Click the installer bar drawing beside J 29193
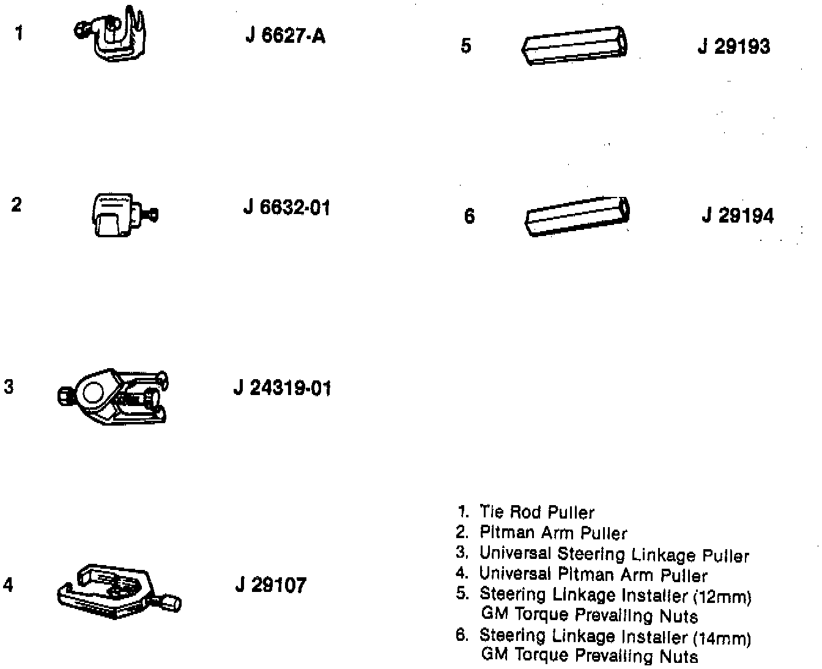click(x=576, y=45)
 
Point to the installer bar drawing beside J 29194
click(x=578, y=215)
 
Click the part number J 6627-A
click(x=285, y=36)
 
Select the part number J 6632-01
click(x=286, y=208)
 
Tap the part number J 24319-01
click(x=282, y=388)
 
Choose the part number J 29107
click(x=270, y=585)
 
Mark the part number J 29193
click(x=733, y=46)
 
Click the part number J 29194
click(x=737, y=216)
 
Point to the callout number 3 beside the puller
click(x=9, y=387)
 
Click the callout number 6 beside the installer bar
click(x=469, y=216)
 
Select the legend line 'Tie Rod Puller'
click(x=536, y=512)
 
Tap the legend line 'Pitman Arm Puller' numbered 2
click(x=553, y=533)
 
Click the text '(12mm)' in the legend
click(x=722, y=596)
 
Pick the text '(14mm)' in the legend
click(x=722, y=639)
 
